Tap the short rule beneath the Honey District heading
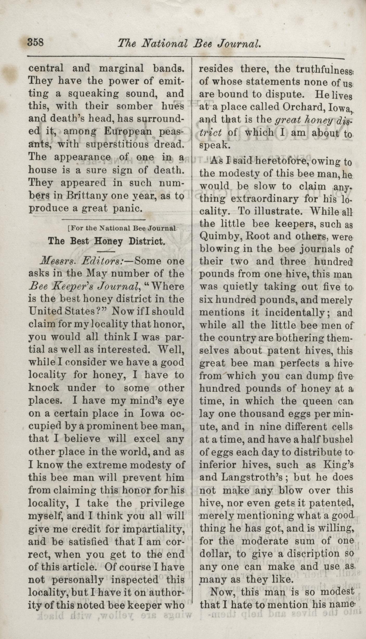tap(106, 251)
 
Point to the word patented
tap(333, 503)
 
